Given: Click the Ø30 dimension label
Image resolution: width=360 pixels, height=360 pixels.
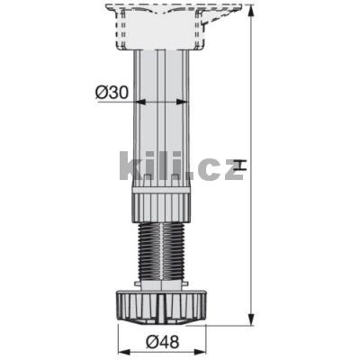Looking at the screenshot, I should [111, 91].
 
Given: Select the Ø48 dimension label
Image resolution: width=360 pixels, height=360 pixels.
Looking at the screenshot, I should [164, 341].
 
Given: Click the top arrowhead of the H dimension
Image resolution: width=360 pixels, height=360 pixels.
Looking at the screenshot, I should [249, 9].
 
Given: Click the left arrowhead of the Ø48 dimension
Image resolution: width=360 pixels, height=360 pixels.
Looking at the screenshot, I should [123, 328].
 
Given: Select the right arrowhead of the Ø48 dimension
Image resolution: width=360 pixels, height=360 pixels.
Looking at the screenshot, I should [209, 328].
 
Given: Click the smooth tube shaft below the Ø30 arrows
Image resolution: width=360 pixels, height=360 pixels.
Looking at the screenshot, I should [164, 135].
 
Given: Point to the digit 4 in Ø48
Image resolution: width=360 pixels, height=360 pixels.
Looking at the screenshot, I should [165, 341].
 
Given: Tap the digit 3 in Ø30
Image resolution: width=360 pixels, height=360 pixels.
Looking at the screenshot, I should [112, 91].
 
